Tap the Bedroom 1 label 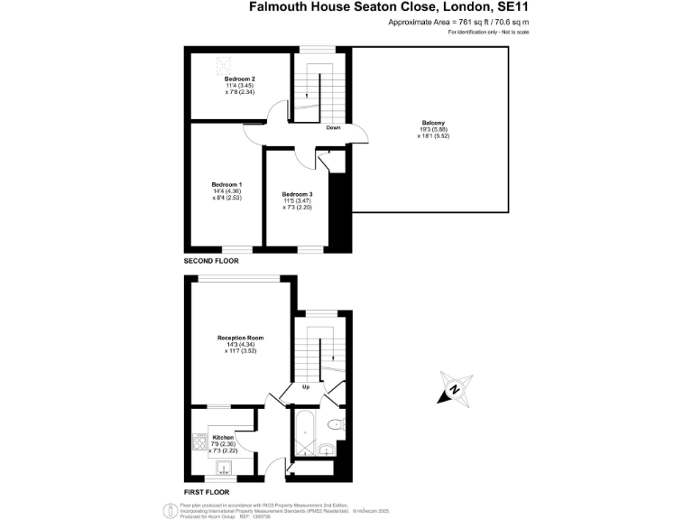(226, 183)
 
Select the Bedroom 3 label (297, 194)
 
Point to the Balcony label (433, 123)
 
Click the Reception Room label (239, 338)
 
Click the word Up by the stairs (306, 388)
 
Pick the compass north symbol (456, 390)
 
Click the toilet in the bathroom (334, 424)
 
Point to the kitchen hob (200, 442)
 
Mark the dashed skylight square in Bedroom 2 (223, 64)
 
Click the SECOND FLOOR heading (211, 261)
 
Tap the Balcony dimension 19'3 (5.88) (434, 129)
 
